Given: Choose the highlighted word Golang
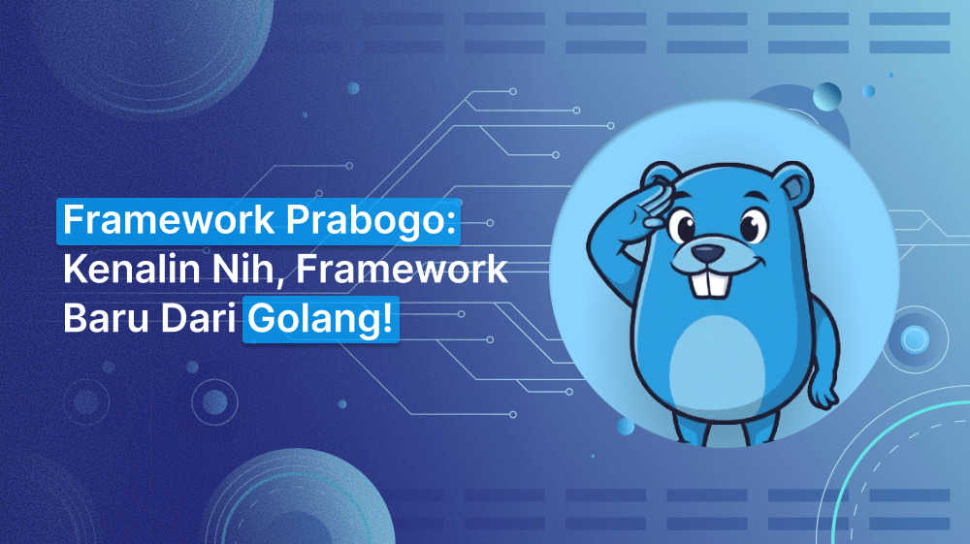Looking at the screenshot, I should coord(314,318).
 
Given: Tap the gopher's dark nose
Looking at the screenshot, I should coord(710,251).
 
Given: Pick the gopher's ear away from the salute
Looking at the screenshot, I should coord(792,179).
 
